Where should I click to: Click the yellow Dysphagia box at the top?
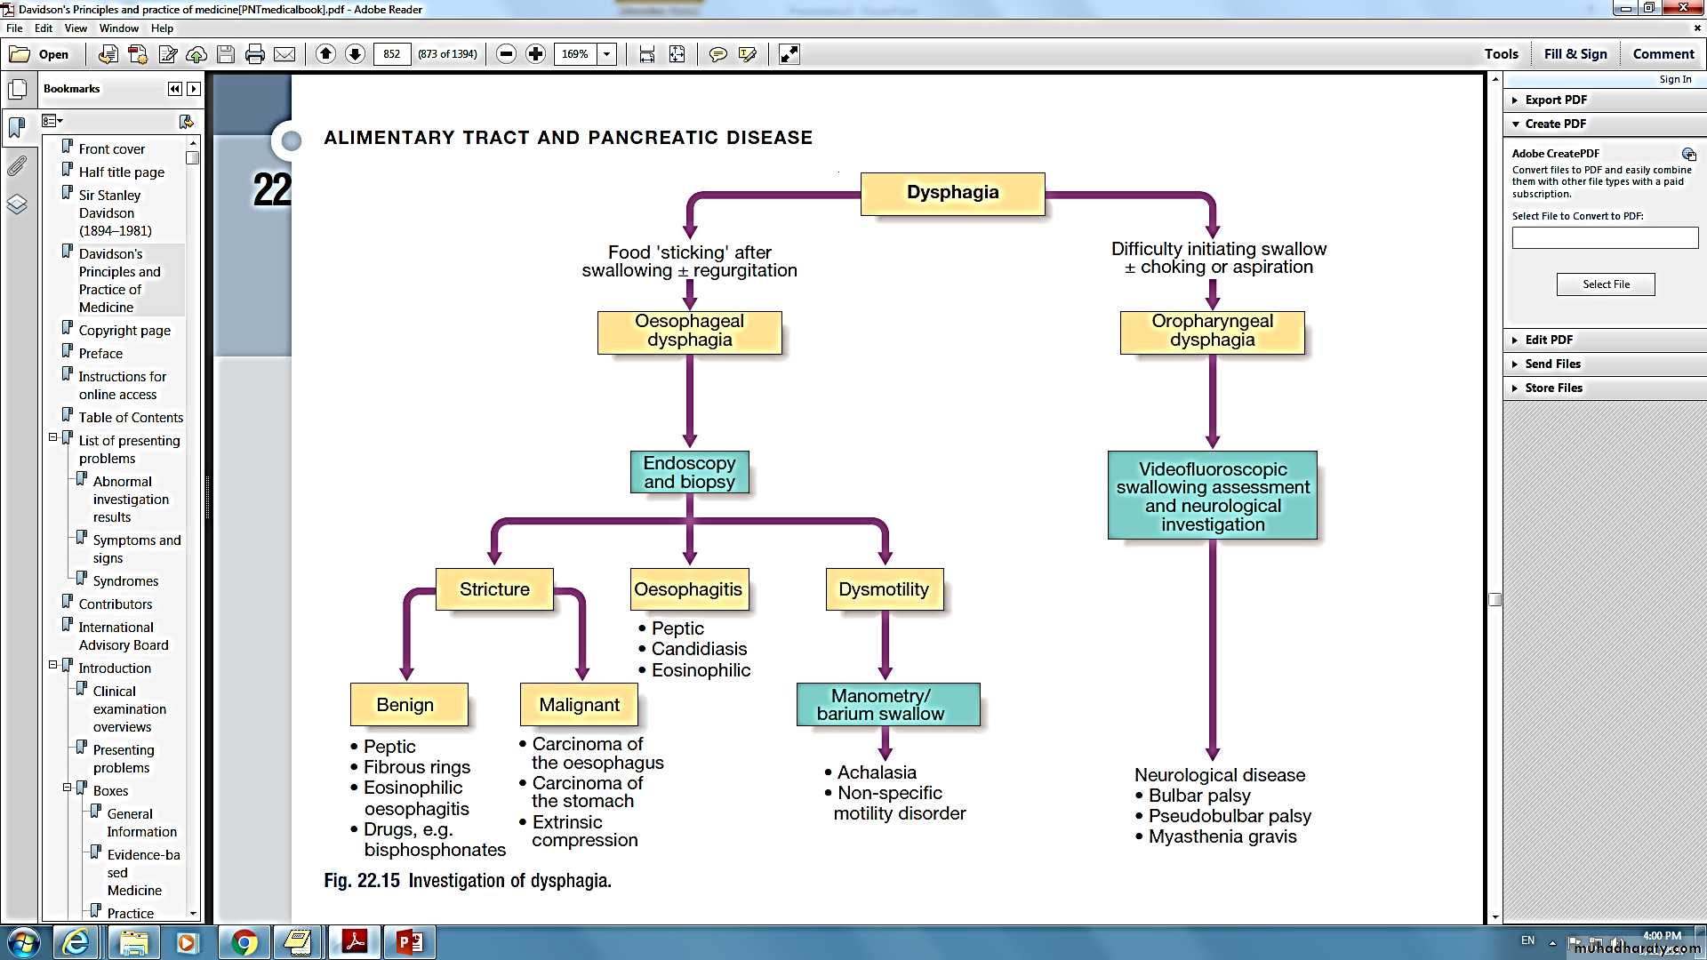(952, 194)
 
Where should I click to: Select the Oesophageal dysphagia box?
(689, 332)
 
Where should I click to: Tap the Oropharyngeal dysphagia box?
(1212, 332)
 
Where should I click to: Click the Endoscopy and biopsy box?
(689, 472)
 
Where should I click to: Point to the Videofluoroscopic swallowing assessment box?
(1212, 495)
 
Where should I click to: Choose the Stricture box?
(494, 589)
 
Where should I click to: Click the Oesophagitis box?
(689, 589)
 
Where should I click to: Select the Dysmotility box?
(884, 589)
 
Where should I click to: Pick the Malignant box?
(579, 704)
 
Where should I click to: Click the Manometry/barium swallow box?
(888, 704)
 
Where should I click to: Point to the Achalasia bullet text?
(876, 772)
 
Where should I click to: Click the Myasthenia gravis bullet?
(1222, 836)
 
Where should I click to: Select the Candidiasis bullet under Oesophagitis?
(699, 649)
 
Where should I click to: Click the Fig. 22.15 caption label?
(362, 881)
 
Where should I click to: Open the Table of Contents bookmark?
(131, 418)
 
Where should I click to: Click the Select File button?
(1606, 284)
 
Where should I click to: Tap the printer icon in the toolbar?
(255, 54)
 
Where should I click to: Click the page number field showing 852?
(392, 54)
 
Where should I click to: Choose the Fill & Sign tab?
(1575, 54)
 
